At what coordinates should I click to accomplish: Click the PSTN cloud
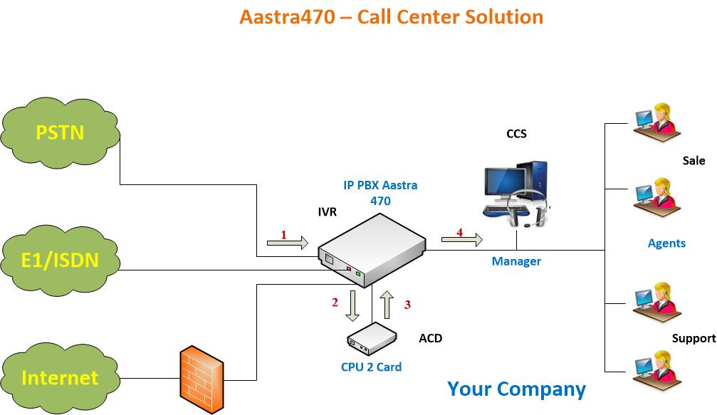point(61,132)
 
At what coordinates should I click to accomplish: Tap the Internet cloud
point(60,377)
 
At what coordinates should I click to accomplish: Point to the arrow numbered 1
point(287,243)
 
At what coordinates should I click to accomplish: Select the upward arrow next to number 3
point(388,305)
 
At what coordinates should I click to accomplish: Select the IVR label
point(328,211)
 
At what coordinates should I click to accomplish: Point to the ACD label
point(430,338)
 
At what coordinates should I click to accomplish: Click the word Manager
point(516,261)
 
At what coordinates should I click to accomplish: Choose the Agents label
point(666,243)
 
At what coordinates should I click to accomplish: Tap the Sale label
point(694,161)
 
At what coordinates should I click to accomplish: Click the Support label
point(694,338)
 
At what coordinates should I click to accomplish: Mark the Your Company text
point(516,389)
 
